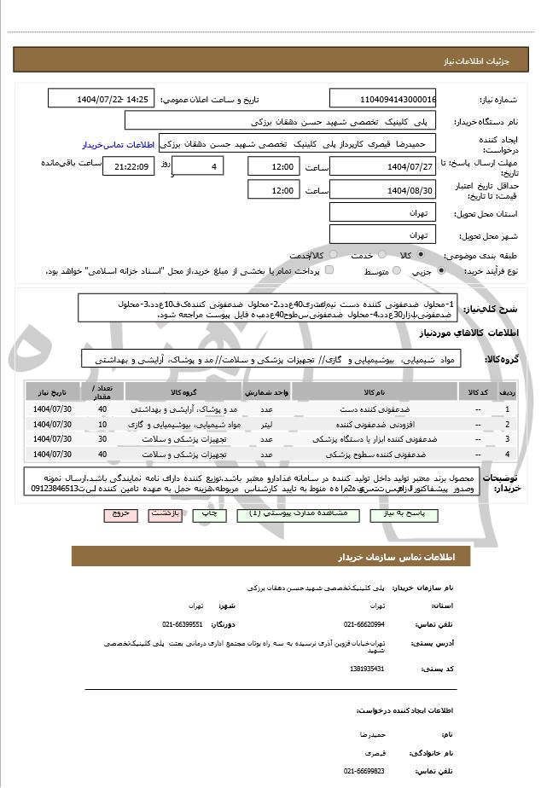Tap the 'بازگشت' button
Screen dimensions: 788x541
(x=162, y=515)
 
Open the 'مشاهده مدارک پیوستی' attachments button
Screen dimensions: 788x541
(x=309, y=515)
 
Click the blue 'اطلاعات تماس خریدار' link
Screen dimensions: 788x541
(x=119, y=145)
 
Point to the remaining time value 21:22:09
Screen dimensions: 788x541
(x=128, y=166)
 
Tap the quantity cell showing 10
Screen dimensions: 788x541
(x=102, y=424)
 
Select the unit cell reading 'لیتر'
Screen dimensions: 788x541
(x=268, y=424)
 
